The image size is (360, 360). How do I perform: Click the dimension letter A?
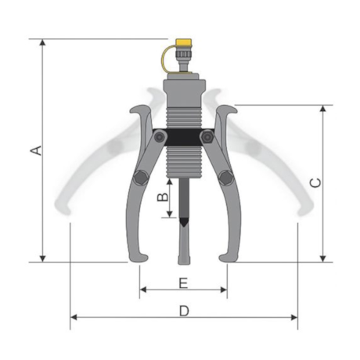(36, 150)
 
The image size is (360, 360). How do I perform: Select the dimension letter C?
(315, 182)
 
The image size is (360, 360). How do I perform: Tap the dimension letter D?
(184, 311)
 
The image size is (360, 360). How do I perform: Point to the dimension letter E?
(183, 283)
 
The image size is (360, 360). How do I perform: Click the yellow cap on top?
(184, 42)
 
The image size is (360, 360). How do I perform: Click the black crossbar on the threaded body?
(184, 137)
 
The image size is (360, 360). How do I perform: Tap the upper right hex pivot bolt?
(207, 136)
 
